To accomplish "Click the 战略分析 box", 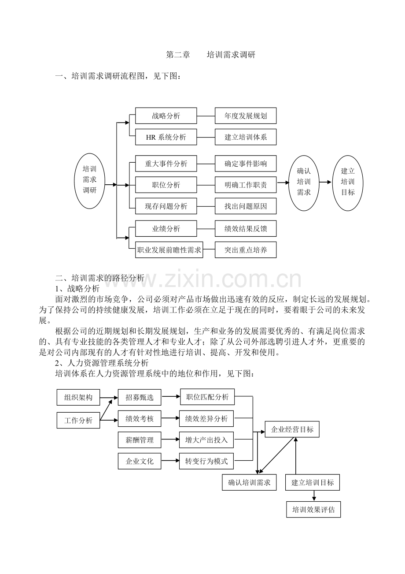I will click(166, 116).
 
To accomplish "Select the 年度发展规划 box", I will click(246, 116).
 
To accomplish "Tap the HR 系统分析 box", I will click(166, 137).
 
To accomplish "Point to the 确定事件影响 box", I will click(246, 164).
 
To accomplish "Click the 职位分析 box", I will click(166, 185).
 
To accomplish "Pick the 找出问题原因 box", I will click(246, 206).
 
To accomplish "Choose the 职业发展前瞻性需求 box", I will click(169, 250).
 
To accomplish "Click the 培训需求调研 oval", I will click(89, 181).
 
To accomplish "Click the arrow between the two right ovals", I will click(325, 182).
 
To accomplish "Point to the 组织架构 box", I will click(78, 397).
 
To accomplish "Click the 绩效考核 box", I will click(140, 418).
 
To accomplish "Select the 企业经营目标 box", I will click(292, 429).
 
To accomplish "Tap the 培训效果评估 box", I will click(313, 509).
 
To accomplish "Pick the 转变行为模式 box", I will click(206, 461).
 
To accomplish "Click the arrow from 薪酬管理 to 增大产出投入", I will click(170, 440).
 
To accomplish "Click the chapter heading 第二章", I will click(178, 55).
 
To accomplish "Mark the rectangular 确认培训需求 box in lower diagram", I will click(249, 482).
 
